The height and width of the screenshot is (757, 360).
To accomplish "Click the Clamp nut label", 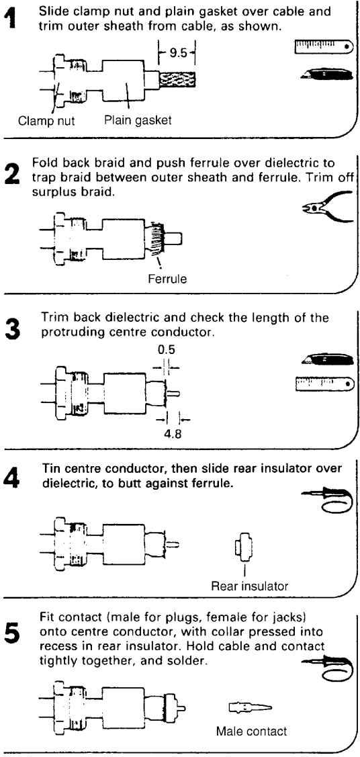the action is (46, 121).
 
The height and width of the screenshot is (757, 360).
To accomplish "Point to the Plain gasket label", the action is (138, 120).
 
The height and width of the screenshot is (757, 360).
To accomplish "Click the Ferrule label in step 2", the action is (167, 279).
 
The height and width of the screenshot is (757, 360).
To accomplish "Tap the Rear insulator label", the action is (249, 586).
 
